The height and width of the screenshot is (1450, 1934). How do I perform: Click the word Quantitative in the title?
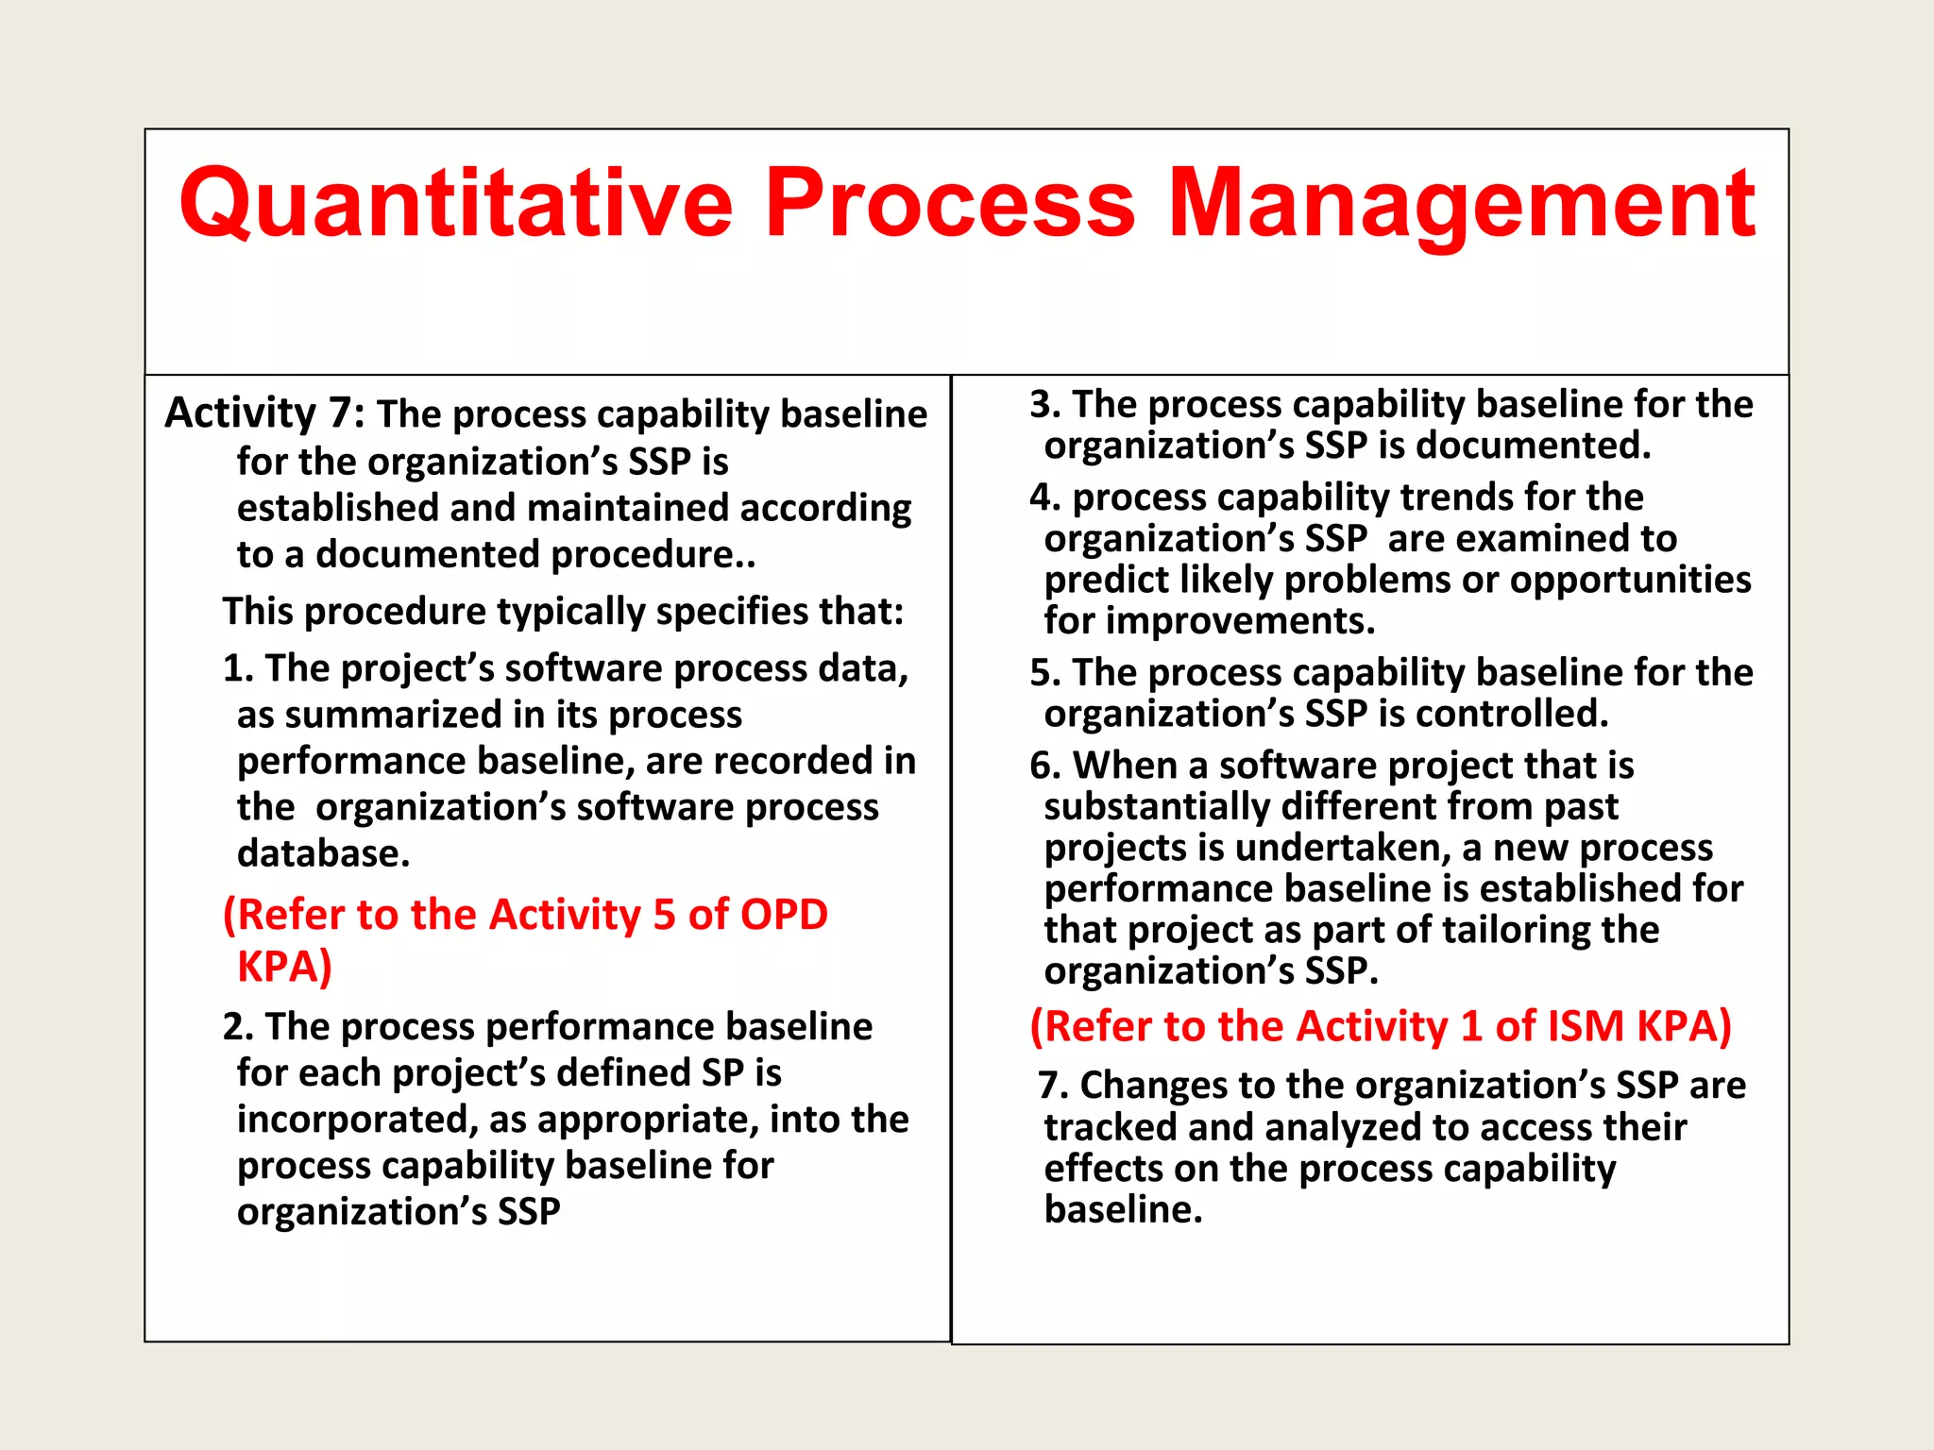[456, 203]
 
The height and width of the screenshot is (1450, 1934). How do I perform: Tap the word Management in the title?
[1461, 203]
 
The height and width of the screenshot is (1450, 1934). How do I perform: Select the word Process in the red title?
[949, 203]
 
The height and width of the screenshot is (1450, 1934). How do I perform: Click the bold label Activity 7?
[265, 413]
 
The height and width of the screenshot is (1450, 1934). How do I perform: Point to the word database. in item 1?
[324, 853]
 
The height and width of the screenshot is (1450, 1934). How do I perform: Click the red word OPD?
[784, 915]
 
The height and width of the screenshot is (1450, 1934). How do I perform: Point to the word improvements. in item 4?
[1241, 621]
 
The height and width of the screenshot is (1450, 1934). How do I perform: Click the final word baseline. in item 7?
[1123, 1210]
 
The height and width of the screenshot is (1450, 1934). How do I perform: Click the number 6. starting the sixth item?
[1045, 766]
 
